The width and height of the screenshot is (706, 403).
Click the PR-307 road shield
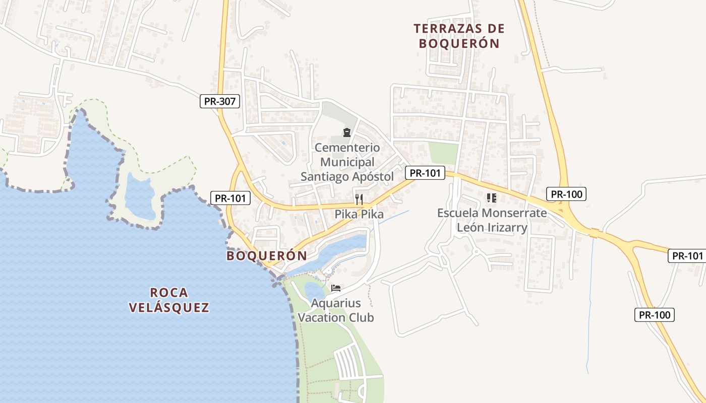tap(219, 101)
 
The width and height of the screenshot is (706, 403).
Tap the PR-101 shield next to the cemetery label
tap(425, 173)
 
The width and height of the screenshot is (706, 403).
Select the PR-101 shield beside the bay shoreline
tap(230, 198)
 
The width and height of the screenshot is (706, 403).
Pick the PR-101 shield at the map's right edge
tap(686, 256)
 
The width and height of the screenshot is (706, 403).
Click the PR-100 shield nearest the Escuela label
tap(566, 194)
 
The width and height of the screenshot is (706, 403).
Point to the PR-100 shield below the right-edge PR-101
tap(655, 315)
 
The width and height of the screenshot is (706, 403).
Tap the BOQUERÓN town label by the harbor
tap(266, 256)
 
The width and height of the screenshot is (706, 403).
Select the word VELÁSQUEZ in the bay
tap(168, 307)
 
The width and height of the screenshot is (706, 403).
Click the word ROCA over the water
tap(168, 292)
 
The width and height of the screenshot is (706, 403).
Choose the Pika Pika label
tap(359, 214)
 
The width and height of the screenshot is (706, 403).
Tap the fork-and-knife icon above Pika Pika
tap(359, 199)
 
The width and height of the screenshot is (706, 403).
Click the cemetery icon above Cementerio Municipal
tap(347, 132)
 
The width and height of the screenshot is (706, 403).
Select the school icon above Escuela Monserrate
tap(492, 198)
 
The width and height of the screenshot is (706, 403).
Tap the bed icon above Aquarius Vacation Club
tap(336, 288)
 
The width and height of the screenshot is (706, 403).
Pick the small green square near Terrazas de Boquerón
tap(443, 153)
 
